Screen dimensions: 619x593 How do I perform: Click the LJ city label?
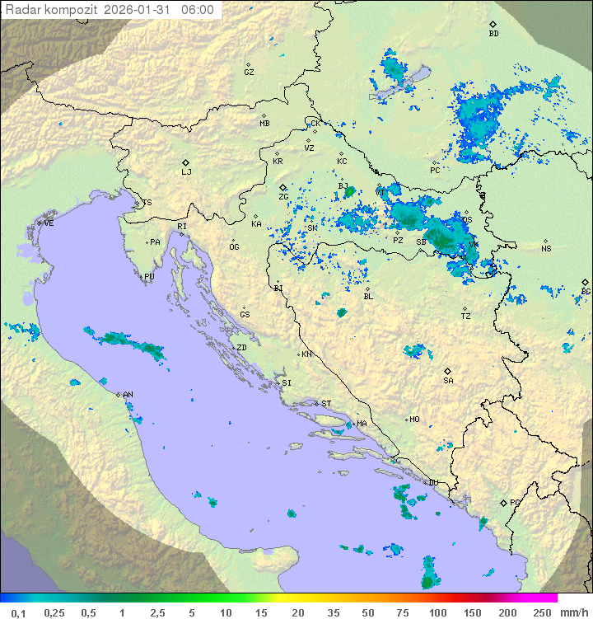tap(186, 172)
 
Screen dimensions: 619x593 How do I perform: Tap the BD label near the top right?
tap(493, 34)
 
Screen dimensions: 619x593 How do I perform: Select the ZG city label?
tap(283, 197)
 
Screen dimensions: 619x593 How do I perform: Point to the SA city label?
tap(448, 381)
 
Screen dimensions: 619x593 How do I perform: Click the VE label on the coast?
tap(49, 223)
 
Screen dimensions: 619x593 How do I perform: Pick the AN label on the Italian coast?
tap(128, 395)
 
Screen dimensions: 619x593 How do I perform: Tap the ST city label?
tap(326, 404)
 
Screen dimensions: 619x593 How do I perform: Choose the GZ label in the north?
tap(249, 73)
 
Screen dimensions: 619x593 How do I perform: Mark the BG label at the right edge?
tap(586, 292)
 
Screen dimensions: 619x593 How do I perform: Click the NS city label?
tap(546, 249)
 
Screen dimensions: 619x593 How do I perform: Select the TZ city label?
tap(466, 317)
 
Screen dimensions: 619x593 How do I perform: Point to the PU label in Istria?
tap(149, 277)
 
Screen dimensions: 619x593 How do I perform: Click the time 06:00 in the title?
tap(198, 10)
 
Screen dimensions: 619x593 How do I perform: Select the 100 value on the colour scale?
tap(438, 612)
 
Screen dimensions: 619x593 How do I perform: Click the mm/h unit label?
tap(573, 612)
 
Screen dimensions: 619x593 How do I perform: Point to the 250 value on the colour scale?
tap(542, 612)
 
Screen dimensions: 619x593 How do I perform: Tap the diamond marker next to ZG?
tap(282, 187)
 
